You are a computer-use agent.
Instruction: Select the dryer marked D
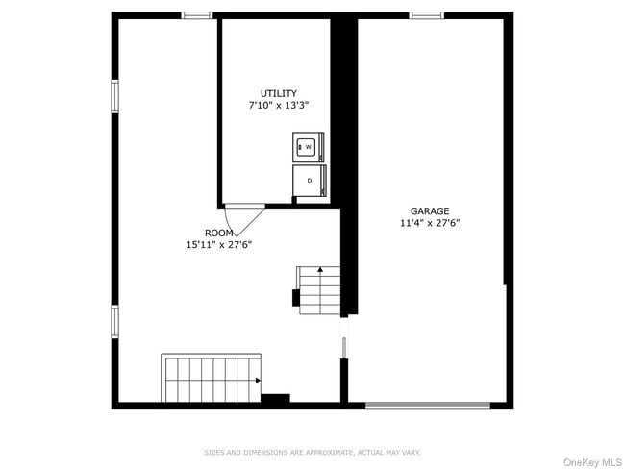tap(310, 181)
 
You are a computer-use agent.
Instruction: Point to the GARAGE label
tap(430, 210)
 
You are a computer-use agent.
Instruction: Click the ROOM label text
tap(218, 233)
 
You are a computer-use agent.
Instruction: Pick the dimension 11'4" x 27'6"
tap(430, 222)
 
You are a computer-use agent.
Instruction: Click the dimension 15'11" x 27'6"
tap(218, 244)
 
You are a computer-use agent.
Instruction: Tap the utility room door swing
tap(245, 218)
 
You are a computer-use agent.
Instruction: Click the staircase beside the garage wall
tap(319, 290)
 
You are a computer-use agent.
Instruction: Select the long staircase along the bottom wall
tap(211, 379)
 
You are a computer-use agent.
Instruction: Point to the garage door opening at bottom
tap(428, 405)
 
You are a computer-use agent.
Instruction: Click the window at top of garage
tap(426, 15)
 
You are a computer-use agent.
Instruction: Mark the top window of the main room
tap(197, 15)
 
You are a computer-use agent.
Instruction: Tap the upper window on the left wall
tap(114, 95)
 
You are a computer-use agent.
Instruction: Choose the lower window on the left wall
tap(114, 321)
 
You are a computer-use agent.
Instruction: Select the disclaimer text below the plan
tap(312, 452)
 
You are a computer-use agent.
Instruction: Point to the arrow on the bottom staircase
tap(259, 381)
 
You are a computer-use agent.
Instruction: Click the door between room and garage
tap(343, 347)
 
